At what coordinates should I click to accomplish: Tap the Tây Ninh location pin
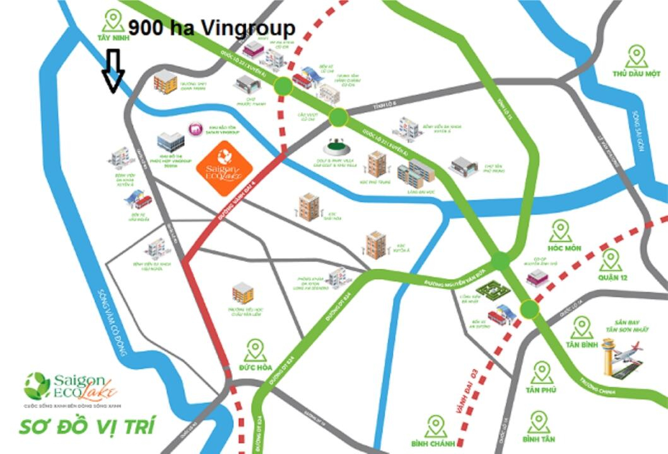coord(114,21)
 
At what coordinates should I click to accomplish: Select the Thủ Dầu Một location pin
coord(635,57)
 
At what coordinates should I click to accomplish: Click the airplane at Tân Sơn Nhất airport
coord(631,351)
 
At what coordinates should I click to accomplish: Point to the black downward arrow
coord(114,71)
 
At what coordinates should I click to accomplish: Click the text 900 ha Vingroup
coord(211,28)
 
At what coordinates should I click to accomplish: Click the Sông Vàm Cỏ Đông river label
coord(112,322)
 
